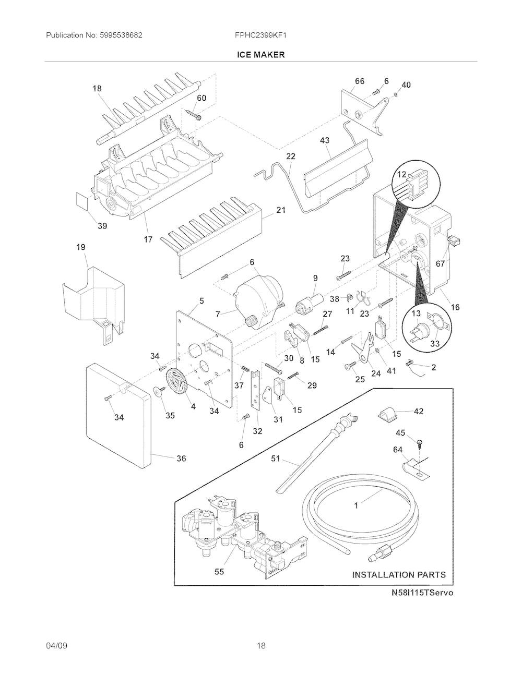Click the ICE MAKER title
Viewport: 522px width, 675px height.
click(x=260, y=55)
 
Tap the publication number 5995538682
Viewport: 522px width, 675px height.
click(x=121, y=35)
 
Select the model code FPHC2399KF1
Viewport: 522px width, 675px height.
click(x=260, y=35)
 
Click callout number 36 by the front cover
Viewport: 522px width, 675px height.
click(x=181, y=458)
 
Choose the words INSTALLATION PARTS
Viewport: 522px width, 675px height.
click(x=399, y=575)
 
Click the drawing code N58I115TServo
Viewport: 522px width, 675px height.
click(x=422, y=593)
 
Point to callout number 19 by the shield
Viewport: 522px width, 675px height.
click(x=81, y=247)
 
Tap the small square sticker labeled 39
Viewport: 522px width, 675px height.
click(x=82, y=200)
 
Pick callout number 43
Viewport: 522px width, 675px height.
click(x=325, y=140)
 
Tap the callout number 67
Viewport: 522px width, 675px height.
click(x=440, y=264)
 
